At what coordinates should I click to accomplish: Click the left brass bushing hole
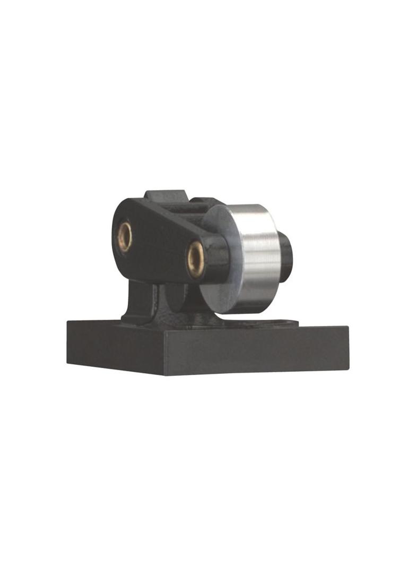(x=125, y=237)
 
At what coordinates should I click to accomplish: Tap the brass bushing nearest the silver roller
(x=195, y=259)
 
